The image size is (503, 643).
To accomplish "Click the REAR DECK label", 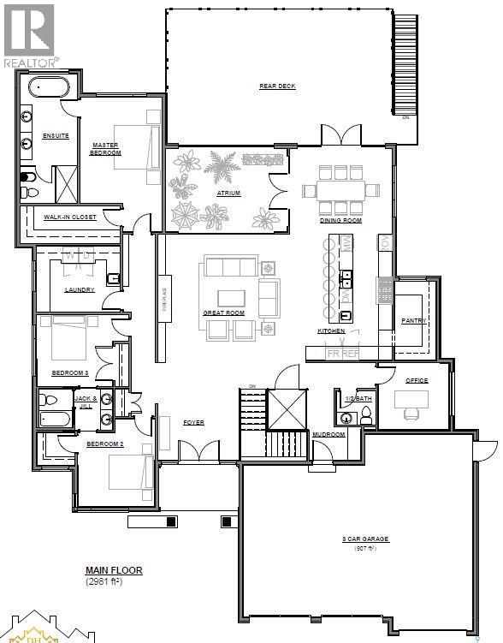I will pyautogui.click(x=277, y=86).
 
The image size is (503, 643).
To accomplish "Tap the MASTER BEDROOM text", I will pyautogui.click(x=106, y=148).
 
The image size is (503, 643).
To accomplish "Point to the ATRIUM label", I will pyautogui.click(x=228, y=193).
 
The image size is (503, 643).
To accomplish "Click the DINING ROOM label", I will pyautogui.click(x=340, y=220).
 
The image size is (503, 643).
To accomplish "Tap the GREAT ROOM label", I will pyautogui.click(x=223, y=313).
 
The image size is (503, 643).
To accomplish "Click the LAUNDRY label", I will pyautogui.click(x=79, y=289).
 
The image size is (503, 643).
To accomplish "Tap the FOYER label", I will pyautogui.click(x=193, y=423).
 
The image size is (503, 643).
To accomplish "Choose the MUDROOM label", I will pyautogui.click(x=328, y=434).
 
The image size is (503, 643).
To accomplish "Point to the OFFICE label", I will pyautogui.click(x=417, y=379).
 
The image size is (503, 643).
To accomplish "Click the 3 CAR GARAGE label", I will pyautogui.click(x=364, y=539).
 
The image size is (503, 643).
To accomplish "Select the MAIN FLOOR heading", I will pyautogui.click(x=114, y=570).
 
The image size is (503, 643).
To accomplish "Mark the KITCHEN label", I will pyautogui.click(x=331, y=330).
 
